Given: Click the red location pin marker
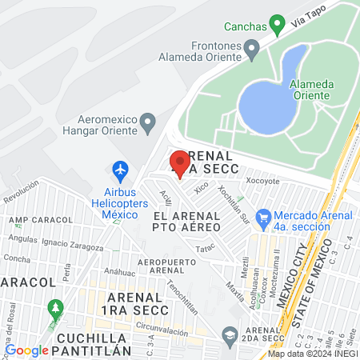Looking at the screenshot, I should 179,163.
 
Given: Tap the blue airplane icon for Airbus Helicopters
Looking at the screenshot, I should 121,170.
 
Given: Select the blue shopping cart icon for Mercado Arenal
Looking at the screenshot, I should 262,217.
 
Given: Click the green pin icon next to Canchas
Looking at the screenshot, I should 277,24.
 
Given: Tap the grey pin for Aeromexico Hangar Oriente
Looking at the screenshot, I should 147,123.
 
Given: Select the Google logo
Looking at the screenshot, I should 26,350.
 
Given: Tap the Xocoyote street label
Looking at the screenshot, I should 262,181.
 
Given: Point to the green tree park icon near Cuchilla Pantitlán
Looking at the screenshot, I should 55,307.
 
